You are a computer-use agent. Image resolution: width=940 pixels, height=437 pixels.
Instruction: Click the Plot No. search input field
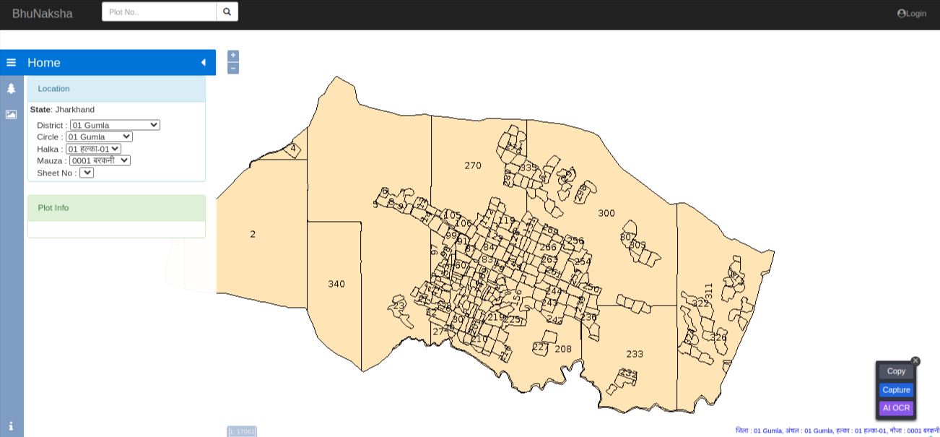[x=159, y=12]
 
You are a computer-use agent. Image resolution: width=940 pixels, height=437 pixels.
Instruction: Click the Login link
[x=912, y=13]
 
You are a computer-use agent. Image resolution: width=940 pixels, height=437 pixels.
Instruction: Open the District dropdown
[x=115, y=125]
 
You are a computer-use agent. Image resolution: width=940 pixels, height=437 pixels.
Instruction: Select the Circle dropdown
[x=99, y=137]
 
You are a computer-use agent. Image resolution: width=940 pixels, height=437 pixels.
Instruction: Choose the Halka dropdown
[x=93, y=149]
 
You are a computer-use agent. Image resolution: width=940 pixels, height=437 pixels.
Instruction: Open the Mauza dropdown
[x=100, y=160]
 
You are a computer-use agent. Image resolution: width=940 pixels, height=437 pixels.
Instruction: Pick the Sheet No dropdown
[x=87, y=173]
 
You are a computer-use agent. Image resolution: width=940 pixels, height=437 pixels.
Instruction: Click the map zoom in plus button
[x=233, y=56]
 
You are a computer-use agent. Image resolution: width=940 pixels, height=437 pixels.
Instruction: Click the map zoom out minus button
[x=233, y=68]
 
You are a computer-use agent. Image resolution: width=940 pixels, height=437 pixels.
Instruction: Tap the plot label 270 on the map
[x=473, y=165]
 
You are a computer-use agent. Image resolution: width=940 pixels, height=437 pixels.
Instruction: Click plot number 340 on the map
[x=336, y=284]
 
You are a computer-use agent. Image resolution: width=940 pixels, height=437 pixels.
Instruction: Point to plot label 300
[x=606, y=213]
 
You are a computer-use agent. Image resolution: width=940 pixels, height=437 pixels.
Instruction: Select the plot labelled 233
[x=635, y=354]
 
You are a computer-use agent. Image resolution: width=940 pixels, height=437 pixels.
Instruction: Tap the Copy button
[x=896, y=371]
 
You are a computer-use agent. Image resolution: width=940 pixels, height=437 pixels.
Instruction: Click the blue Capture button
[x=896, y=390]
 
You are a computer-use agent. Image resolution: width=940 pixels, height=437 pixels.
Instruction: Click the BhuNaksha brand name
[x=43, y=13]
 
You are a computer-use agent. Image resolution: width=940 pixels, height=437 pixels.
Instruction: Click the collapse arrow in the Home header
[x=204, y=63]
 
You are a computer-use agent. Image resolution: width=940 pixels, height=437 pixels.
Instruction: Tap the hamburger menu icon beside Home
[x=11, y=63]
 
